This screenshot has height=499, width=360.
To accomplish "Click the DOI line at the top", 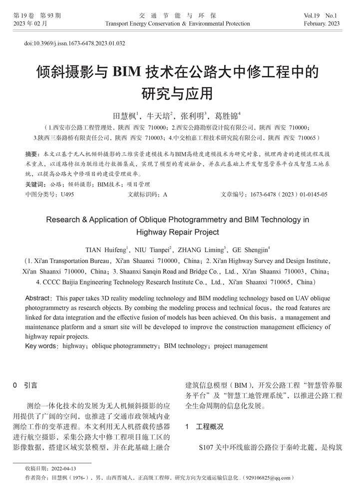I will (x=74, y=43).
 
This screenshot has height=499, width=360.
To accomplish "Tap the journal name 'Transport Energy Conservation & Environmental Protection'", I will (x=177, y=23).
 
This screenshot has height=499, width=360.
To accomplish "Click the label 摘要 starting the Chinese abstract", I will (x=31, y=153).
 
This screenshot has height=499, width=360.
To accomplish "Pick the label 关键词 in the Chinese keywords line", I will (x=34, y=184).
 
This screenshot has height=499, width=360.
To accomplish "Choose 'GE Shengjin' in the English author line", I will (x=252, y=249).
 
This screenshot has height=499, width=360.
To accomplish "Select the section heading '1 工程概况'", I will (x=204, y=427).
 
